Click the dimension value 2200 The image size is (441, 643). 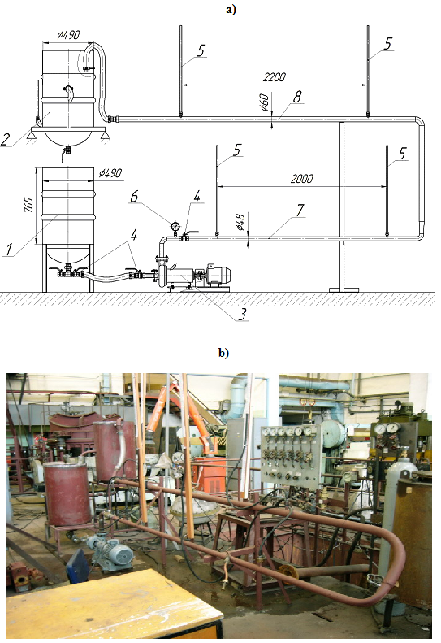(275, 76)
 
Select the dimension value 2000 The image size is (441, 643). (302, 178)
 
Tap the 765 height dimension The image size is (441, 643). (29, 205)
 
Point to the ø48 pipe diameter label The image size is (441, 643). (240, 222)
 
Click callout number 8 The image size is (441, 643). (297, 97)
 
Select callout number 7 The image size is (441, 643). (300, 210)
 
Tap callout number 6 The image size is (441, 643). (134, 197)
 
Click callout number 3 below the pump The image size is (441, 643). (243, 314)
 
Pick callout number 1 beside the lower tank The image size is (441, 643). (9, 250)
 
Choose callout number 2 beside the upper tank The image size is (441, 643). (5, 140)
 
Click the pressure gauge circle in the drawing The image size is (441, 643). (175, 226)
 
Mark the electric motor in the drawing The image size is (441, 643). (216, 274)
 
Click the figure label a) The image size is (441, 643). (231, 10)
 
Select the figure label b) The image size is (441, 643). (224, 353)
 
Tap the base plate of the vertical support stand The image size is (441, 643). (344, 290)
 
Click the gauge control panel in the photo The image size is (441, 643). (292, 455)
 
